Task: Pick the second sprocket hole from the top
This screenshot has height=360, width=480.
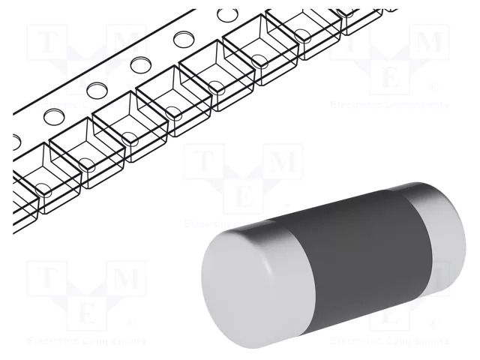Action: pyautogui.click(x=183, y=39)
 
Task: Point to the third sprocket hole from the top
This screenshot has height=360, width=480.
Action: pyautogui.click(x=139, y=64)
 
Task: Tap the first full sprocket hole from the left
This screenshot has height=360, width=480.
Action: pyautogui.click(x=55, y=115)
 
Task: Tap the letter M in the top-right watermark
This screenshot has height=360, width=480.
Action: pyautogui.click(x=429, y=43)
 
